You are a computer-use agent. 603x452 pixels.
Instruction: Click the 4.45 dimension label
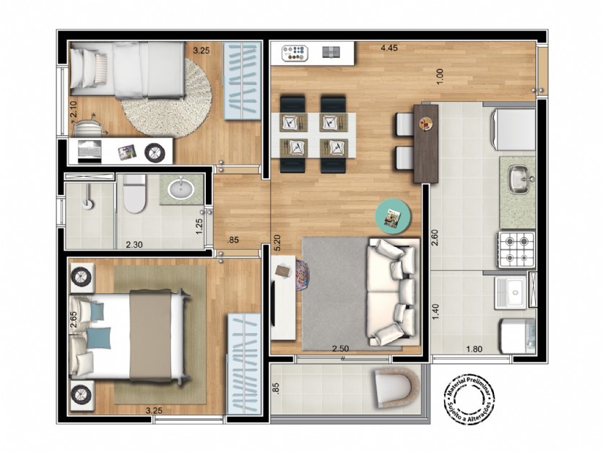tap(389, 48)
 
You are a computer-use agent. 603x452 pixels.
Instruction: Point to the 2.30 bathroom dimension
tap(134, 244)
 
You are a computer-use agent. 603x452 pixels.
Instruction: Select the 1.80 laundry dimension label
tap(474, 349)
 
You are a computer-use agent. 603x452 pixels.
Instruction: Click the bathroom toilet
tap(134, 194)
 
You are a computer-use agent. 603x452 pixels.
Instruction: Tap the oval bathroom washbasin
tap(181, 188)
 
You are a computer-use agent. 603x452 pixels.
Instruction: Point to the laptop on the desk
tap(90, 150)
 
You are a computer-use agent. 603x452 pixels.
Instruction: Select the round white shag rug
tap(168, 99)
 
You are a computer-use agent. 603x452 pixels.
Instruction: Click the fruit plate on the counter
tap(427, 123)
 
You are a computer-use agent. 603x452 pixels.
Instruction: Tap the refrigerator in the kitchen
tap(513, 129)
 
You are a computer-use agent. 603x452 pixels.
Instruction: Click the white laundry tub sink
tap(511, 293)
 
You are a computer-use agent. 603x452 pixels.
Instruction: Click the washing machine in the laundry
tap(518, 336)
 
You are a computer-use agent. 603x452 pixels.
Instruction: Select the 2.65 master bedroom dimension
tap(74, 319)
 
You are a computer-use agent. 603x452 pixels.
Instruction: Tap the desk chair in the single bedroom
tap(89, 126)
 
